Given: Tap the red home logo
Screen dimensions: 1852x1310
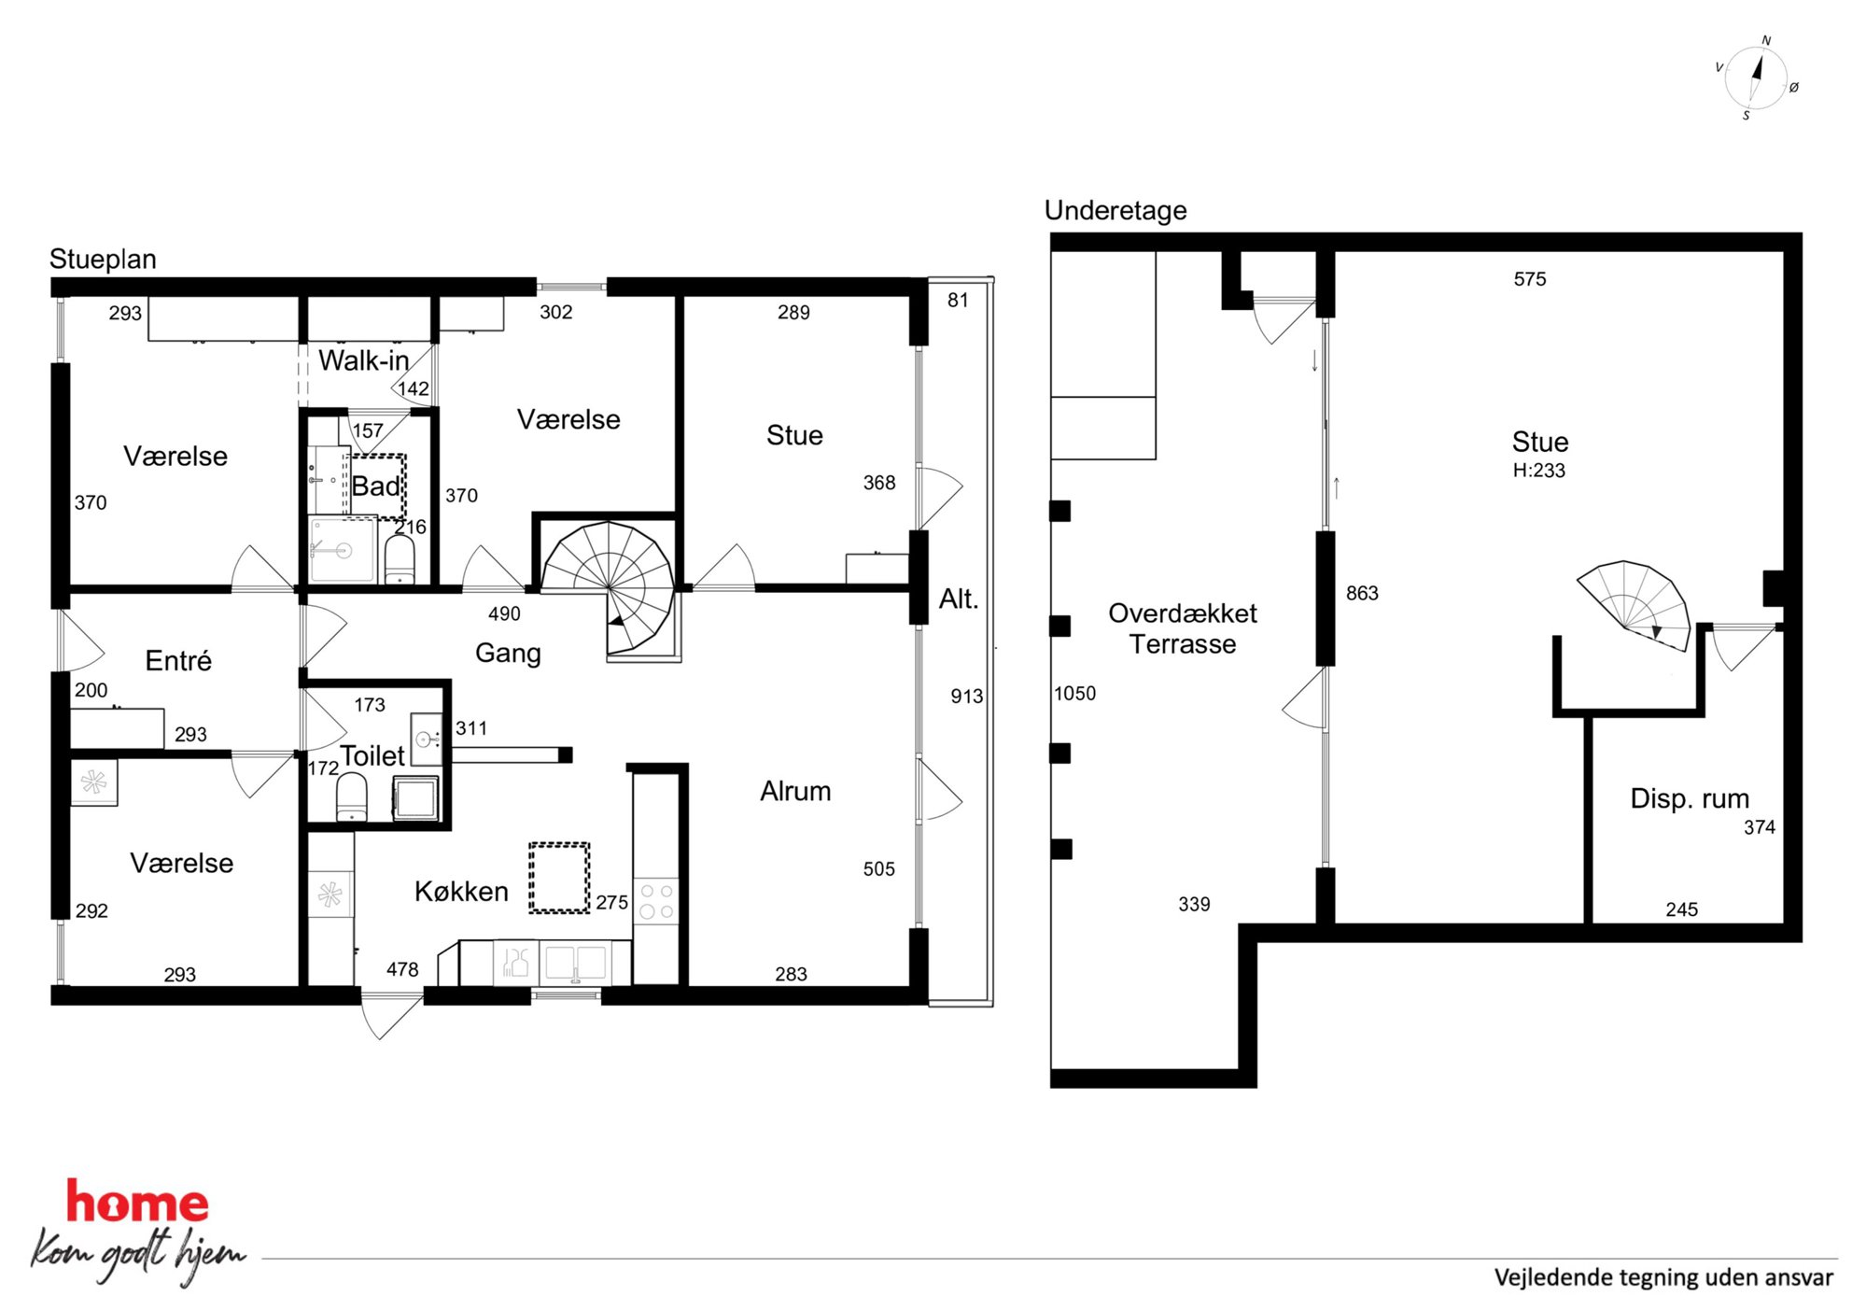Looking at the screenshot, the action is coord(137,1202).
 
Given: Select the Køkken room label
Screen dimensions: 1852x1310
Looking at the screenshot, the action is coord(461,892).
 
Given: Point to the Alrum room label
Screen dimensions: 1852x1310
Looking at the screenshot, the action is coord(795,791).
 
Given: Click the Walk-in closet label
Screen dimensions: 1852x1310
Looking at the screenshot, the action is coord(364,360).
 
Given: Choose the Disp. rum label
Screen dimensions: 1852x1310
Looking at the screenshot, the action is coord(1690,798).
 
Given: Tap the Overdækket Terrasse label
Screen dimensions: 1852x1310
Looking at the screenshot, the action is coord(1183,628).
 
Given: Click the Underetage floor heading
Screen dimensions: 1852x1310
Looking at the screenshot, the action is coord(1115,211).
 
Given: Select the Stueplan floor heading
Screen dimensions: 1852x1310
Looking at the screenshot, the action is coord(103,260).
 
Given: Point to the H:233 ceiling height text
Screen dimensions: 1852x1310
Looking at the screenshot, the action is coord(1538,471).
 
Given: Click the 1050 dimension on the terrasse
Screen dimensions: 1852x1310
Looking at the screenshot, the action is coord(1074,694).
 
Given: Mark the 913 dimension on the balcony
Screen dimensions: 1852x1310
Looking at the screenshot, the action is coord(966,697).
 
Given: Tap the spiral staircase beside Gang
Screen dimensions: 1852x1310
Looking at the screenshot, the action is coord(609,588).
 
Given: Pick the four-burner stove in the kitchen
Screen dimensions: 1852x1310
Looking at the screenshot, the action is coord(656,899).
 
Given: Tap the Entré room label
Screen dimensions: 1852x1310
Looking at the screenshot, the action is coord(178,661).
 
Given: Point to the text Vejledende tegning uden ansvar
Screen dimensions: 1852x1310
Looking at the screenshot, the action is coord(1663,1277).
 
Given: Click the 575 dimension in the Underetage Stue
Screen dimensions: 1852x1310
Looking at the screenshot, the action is coord(1530,279).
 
